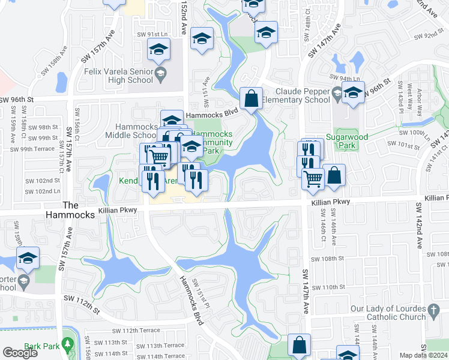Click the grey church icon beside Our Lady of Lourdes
pos(434,311)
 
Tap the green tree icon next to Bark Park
pos(67,346)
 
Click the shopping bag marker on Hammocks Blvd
pos(252,98)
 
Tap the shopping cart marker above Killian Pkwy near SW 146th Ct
pos(313,178)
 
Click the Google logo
pos(20,353)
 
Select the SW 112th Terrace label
pos(136,331)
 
